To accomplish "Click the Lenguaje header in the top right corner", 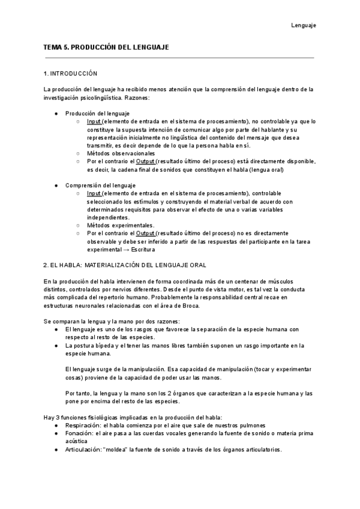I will pos(304,25).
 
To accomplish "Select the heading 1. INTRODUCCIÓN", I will pos(71,74).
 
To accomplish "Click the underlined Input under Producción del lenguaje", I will pos(94,121).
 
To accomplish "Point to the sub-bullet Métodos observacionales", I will pos(120,153).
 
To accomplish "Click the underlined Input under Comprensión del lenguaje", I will pos(94,193).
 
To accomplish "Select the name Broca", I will pos(188,305).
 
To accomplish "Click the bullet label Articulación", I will pos(82,450).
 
